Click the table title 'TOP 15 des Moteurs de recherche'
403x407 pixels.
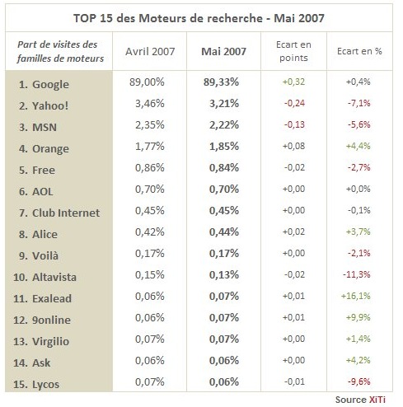pyautogui.click(x=168, y=18)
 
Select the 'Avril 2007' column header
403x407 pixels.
pyautogui.click(x=150, y=51)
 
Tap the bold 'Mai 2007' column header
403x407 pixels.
pyautogui.click(x=223, y=51)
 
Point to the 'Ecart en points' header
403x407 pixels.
pyautogui.click(x=293, y=51)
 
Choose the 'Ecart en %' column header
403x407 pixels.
pyautogui.click(x=359, y=51)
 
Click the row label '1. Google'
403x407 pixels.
pyautogui.click(x=44, y=84)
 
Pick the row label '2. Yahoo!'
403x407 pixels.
pyautogui.click(x=44, y=105)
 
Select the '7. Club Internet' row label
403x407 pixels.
pyautogui.click(x=59, y=213)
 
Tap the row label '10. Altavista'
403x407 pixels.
pyautogui.click(x=45, y=277)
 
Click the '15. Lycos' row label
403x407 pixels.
pyautogui.click(x=36, y=384)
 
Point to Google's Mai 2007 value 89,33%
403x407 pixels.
pyautogui.click(x=221, y=82)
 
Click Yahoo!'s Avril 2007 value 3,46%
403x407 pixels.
pyautogui.click(x=150, y=103)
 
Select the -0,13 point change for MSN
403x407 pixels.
pyautogui.click(x=294, y=124)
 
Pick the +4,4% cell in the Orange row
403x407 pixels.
pyautogui.click(x=358, y=146)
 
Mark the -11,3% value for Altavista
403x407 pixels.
pyautogui.click(x=357, y=274)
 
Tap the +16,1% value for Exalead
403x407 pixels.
pyautogui.click(x=356, y=296)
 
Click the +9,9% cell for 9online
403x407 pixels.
pyautogui.click(x=358, y=317)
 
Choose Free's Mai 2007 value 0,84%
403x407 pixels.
pyautogui.click(x=224, y=167)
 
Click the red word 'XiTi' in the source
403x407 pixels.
pyautogui.click(x=377, y=400)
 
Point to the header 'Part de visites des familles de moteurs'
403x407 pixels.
pyautogui.click(x=60, y=51)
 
